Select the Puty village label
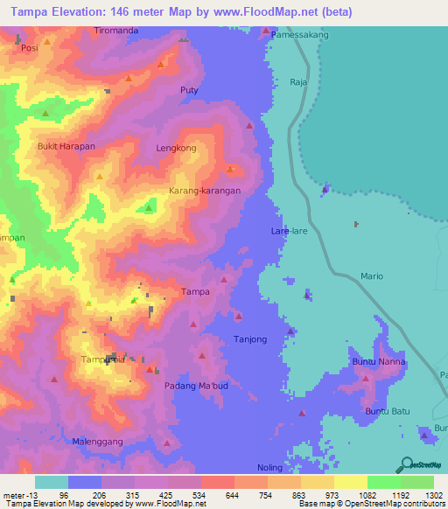pos(189,91)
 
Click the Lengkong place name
pos(176,149)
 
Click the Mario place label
pos(372,276)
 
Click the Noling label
pos(270,468)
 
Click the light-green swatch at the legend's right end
pos(416,482)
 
